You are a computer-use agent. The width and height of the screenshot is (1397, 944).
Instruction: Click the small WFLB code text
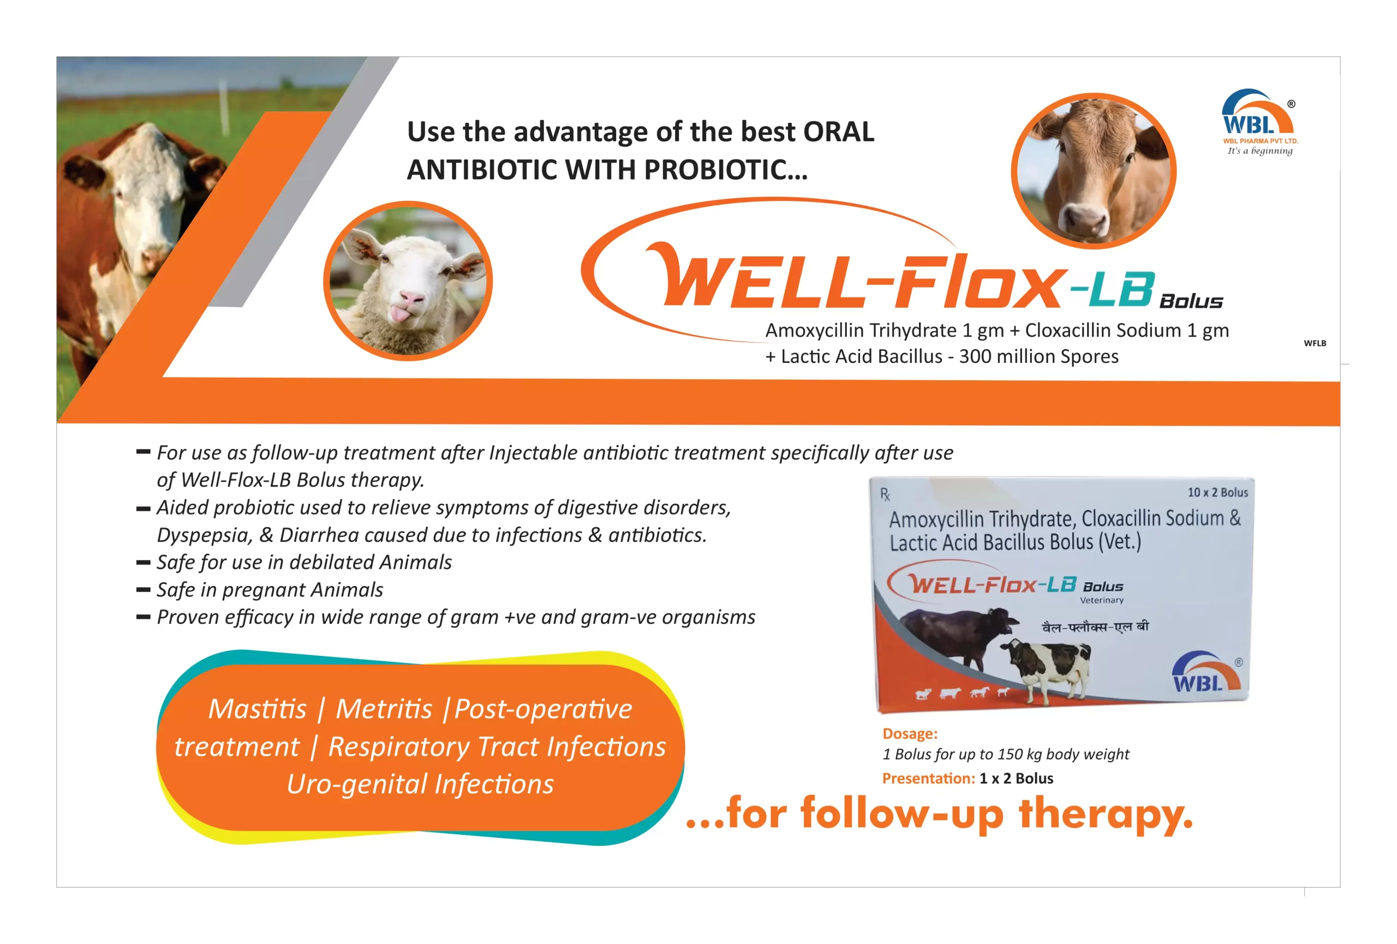[x=1315, y=343]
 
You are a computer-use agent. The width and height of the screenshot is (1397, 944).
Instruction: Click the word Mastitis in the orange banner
[x=257, y=709]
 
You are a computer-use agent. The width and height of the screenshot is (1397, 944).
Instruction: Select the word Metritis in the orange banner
[x=384, y=709]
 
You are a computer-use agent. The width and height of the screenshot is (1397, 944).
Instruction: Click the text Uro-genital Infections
[x=420, y=784]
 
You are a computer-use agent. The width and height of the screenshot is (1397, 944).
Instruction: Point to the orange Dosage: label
[x=910, y=734]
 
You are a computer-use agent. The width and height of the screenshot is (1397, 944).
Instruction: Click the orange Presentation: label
[x=928, y=779]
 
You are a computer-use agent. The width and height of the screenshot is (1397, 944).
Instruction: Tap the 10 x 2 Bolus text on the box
[x=1217, y=492]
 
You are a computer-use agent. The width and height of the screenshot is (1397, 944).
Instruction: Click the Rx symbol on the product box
[x=885, y=494]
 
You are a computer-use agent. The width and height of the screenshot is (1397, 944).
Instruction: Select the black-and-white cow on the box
[x=1046, y=667]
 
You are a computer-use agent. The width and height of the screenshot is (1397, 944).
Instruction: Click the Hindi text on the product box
[x=1095, y=627]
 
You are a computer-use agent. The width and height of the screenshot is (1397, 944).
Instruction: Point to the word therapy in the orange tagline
[x=1106, y=815]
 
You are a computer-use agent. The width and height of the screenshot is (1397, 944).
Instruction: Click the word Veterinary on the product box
[x=1101, y=600]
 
